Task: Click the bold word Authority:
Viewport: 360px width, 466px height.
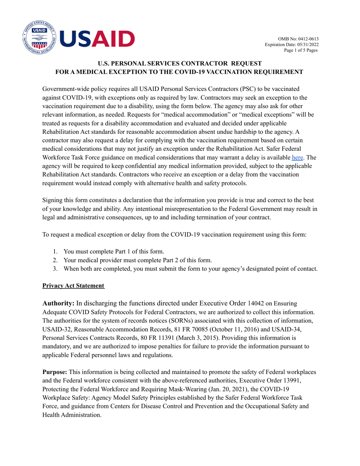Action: click(58, 303)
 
